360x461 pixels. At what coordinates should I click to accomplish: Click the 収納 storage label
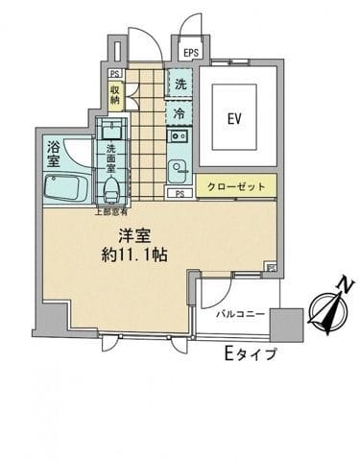(114, 93)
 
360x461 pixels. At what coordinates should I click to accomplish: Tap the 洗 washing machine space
(180, 84)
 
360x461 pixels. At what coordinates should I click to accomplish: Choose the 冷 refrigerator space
(180, 113)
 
